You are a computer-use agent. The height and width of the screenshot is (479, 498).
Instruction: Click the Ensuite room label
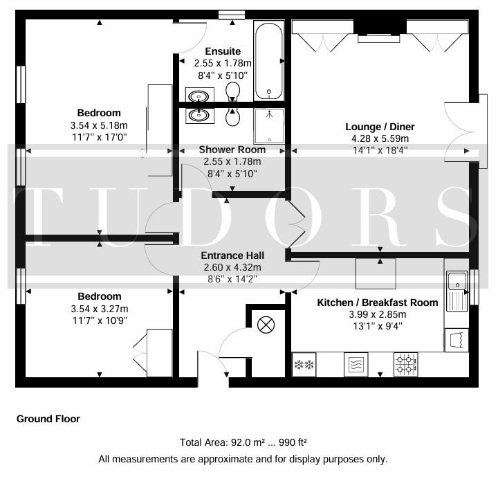pos(223,51)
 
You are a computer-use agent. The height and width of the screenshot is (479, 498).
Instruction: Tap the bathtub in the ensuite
pos(268,61)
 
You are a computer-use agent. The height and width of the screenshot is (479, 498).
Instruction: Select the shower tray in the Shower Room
pos(268,126)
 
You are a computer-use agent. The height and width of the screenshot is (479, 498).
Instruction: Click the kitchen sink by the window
pos(457,291)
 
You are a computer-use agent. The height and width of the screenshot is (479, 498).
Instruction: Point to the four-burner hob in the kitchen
pos(406,365)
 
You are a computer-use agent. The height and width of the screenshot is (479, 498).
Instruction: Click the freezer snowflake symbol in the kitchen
pos(304,365)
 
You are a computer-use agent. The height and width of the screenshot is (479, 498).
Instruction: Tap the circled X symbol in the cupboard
pos(266,325)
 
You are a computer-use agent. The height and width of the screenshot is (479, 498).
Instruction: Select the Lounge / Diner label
pos(380,127)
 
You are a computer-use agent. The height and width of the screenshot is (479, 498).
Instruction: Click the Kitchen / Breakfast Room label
pos(378,302)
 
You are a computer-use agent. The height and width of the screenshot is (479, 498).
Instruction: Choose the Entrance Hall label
pos(232,255)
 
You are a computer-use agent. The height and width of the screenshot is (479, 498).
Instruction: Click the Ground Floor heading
pos(48,419)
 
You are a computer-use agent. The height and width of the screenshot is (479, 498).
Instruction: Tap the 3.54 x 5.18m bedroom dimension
pos(99,125)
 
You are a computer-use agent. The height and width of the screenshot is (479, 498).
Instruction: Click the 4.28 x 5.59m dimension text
pos(380,138)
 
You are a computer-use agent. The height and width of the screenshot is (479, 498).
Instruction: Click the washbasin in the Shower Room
pos(200,116)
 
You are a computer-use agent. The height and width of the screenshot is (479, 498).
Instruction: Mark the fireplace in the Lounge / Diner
pos(380,31)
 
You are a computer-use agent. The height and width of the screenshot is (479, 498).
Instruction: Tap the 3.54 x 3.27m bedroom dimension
pos(100,309)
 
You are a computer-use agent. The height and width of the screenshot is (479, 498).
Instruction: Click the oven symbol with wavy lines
pos(356,365)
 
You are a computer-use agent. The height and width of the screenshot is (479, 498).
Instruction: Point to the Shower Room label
pos(232,150)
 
